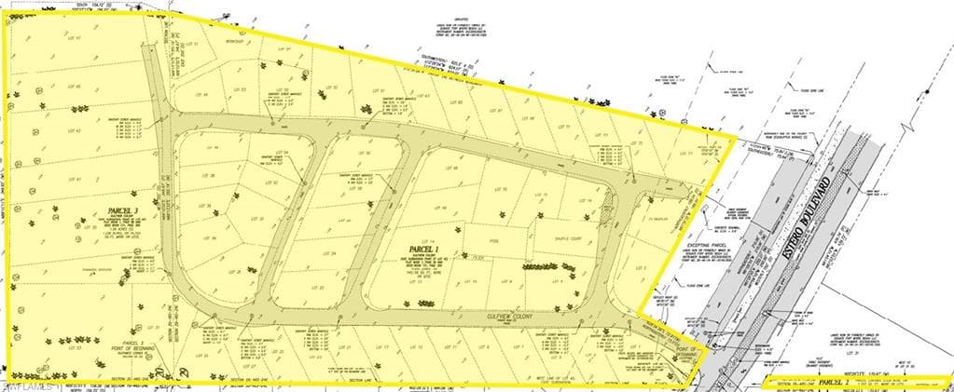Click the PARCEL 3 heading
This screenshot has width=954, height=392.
point(123,210)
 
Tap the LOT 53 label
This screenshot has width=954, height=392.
point(238,90)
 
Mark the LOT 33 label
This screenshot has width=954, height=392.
point(78,348)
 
